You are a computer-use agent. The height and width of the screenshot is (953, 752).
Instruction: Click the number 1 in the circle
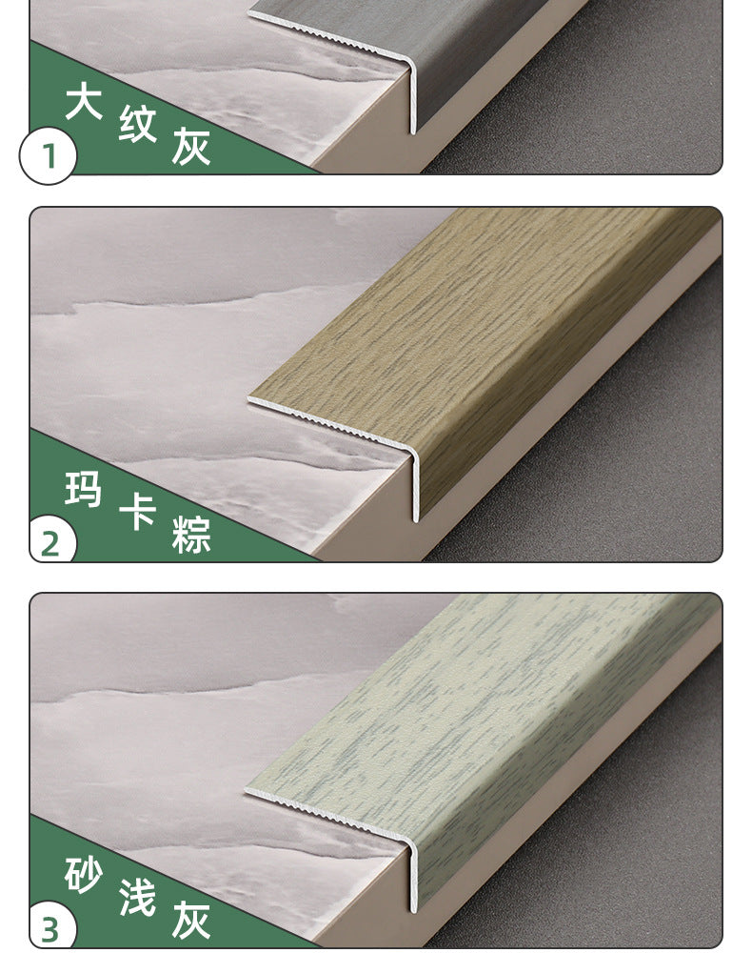point(48,156)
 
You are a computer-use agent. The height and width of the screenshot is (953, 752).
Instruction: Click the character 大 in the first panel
point(83,101)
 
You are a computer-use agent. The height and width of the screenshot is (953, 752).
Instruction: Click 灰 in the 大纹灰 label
point(191,147)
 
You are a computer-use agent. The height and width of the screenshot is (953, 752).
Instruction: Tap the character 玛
point(83,489)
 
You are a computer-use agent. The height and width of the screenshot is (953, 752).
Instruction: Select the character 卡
point(137,511)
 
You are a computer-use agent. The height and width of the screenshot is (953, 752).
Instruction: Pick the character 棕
point(191,535)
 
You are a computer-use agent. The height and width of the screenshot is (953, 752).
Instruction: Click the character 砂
point(83,875)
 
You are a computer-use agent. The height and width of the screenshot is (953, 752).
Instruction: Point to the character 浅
point(137,897)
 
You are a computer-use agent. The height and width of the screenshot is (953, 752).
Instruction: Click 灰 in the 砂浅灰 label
point(191,921)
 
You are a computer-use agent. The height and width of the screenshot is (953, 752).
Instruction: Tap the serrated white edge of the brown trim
point(330,423)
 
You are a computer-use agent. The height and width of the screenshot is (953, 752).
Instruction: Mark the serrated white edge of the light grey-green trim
point(328,815)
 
